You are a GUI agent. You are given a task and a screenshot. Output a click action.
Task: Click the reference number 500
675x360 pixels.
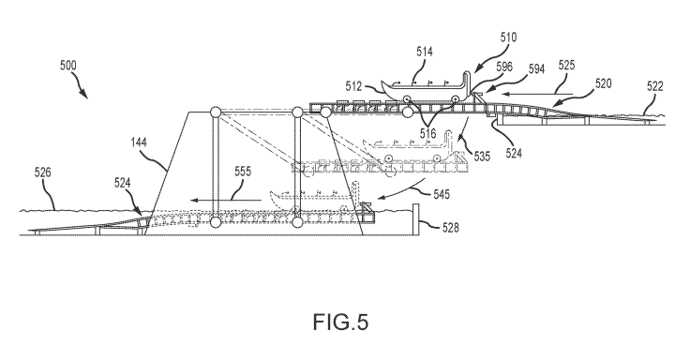(x=68, y=66)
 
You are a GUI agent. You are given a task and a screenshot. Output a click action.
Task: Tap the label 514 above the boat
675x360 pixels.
(x=424, y=52)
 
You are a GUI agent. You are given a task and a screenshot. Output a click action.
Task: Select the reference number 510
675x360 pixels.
(x=508, y=37)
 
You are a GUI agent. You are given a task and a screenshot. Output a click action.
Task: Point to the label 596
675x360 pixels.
(x=504, y=67)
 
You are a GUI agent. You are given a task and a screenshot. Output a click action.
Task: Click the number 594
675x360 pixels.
(x=536, y=68)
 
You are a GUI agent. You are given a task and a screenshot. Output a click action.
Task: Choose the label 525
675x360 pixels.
(x=566, y=65)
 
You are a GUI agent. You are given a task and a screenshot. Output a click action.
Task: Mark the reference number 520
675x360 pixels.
(x=603, y=83)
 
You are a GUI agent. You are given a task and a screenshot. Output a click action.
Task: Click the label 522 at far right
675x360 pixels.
(x=654, y=86)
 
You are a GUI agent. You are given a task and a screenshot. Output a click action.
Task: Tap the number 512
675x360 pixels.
(x=353, y=86)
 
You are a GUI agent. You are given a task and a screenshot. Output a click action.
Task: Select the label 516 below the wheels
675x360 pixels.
(x=427, y=133)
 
